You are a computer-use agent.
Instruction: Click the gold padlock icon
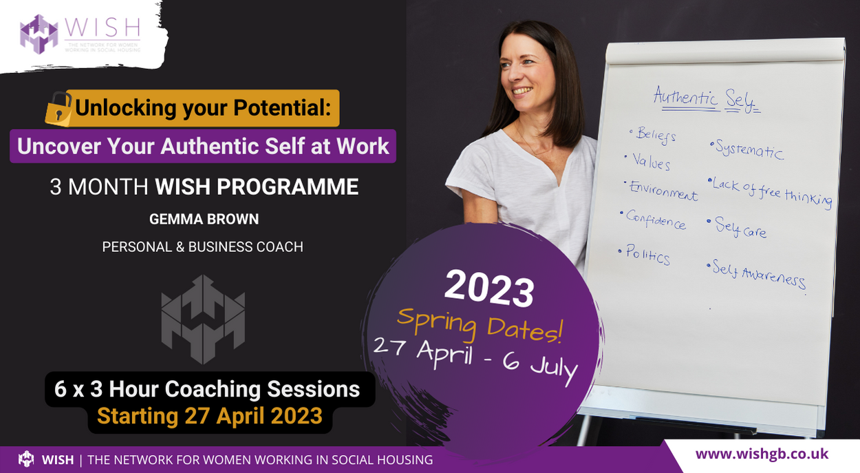click(x=58, y=109)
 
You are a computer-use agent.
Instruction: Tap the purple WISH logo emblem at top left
click(x=39, y=34)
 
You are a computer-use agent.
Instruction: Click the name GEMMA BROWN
click(x=204, y=219)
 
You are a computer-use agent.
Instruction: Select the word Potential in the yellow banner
click(x=282, y=107)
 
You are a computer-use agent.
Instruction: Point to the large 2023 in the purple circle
click(x=489, y=289)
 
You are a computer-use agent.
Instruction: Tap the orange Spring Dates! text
click(x=480, y=325)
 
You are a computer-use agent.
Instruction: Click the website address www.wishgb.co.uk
click(x=762, y=454)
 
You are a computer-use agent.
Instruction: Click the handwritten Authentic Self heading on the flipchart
click(x=707, y=99)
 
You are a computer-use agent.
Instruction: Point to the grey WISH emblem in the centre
click(x=203, y=319)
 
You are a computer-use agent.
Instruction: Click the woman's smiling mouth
click(x=523, y=91)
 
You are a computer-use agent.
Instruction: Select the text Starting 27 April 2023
click(x=210, y=416)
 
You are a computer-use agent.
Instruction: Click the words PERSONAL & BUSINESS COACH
click(x=203, y=246)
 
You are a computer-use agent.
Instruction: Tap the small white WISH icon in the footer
click(x=26, y=459)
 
